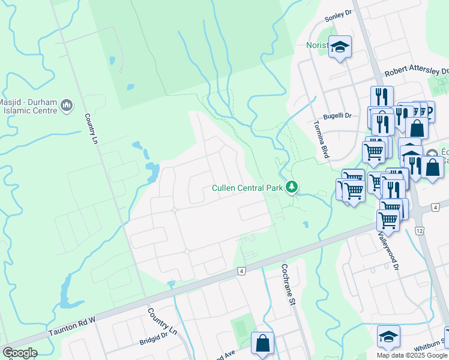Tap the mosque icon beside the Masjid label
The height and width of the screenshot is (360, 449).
click(x=67, y=106)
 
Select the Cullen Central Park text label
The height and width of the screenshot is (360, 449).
click(x=247, y=188)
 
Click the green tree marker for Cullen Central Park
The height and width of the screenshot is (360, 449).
click(x=292, y=188)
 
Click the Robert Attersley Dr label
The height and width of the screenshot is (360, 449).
click(x=416, y=71)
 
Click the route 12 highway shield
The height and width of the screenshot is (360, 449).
click(x=419, y=231)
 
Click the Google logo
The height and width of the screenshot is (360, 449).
click(x=20, y=353)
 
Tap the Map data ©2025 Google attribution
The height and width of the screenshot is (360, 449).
click(x=412, y=355)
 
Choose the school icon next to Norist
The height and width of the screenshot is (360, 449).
click(x=340, y=47)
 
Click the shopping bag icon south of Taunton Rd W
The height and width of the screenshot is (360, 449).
click(x=262, y=344)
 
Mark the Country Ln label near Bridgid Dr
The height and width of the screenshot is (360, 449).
click(x=163, y=322)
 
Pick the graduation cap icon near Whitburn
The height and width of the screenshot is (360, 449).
click(x=388, y=336)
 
